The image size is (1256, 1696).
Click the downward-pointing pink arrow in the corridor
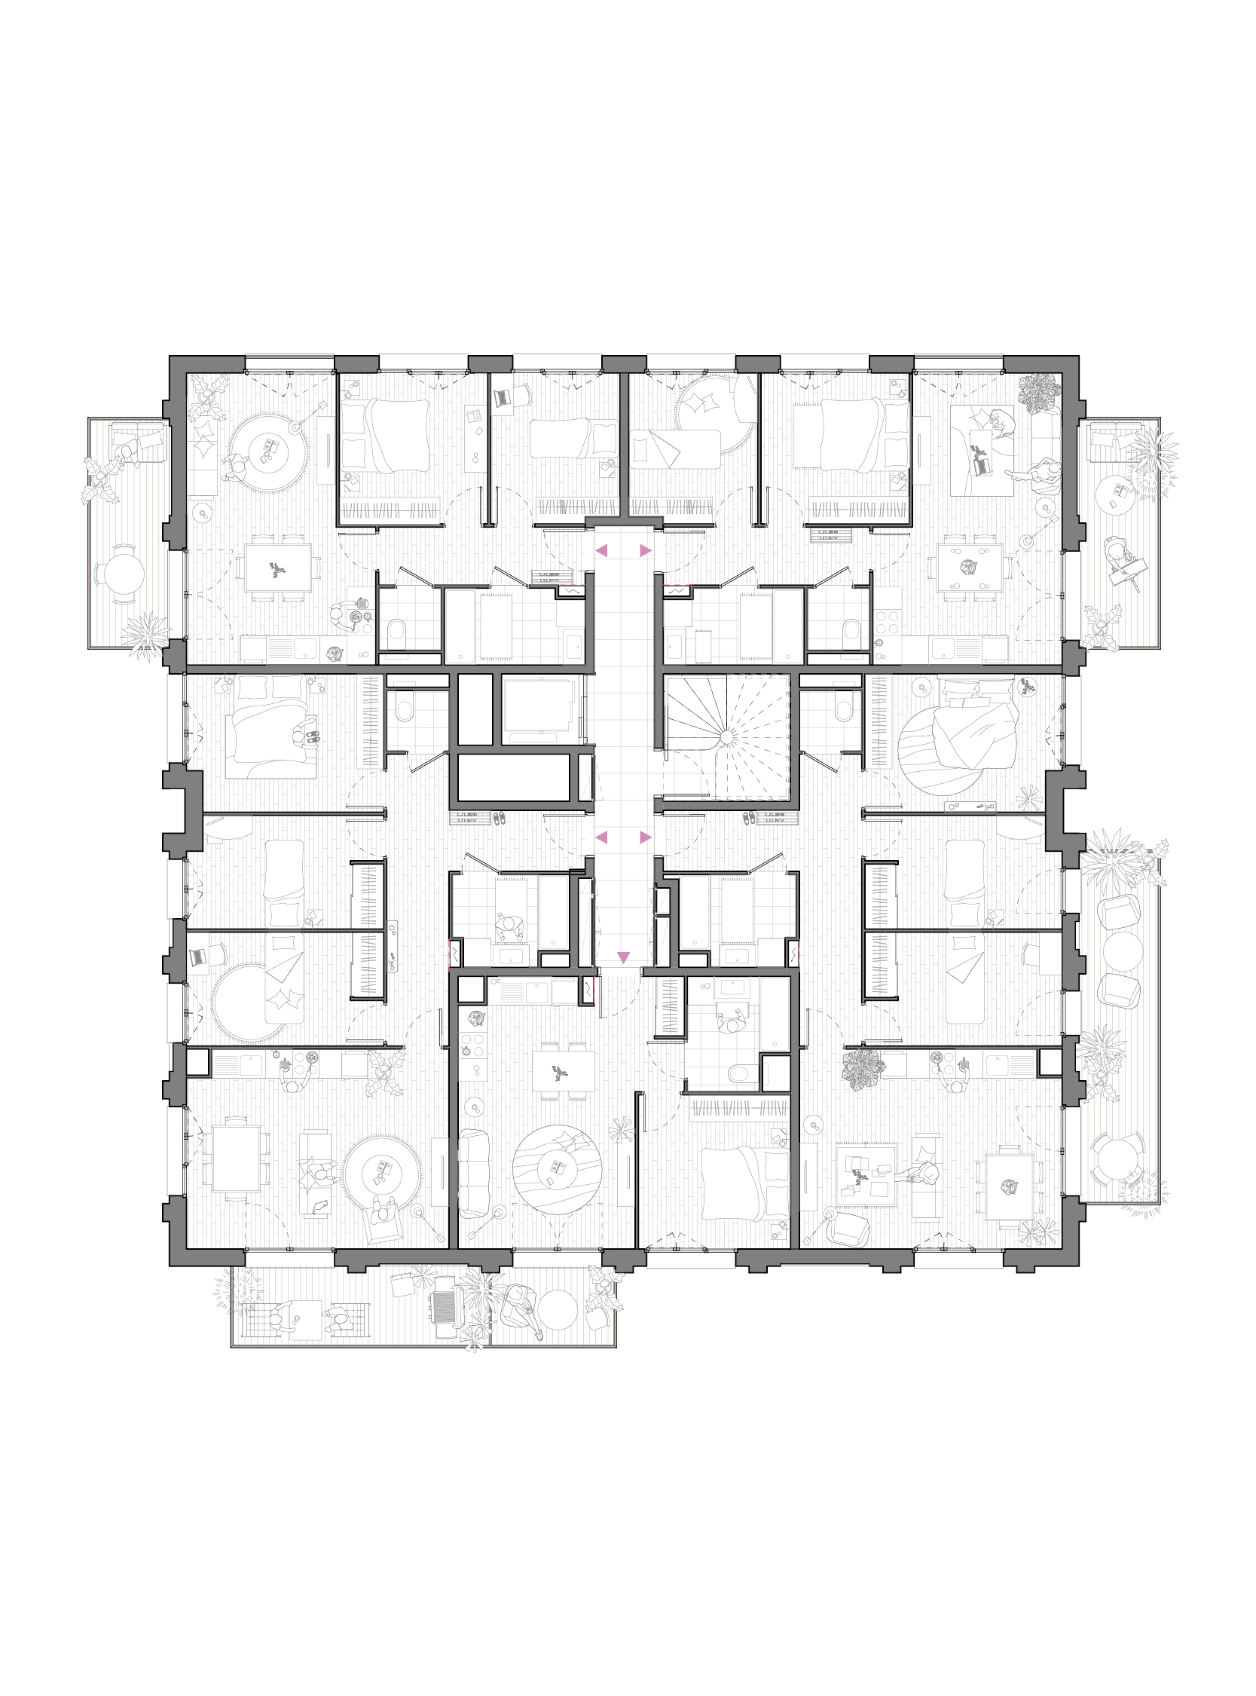[624, 956]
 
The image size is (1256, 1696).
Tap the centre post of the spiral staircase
[726, 737]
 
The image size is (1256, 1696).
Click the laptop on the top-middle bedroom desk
[502, 397]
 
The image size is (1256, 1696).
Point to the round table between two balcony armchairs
[1122, 951]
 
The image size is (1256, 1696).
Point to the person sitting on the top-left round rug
[237, 465]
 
